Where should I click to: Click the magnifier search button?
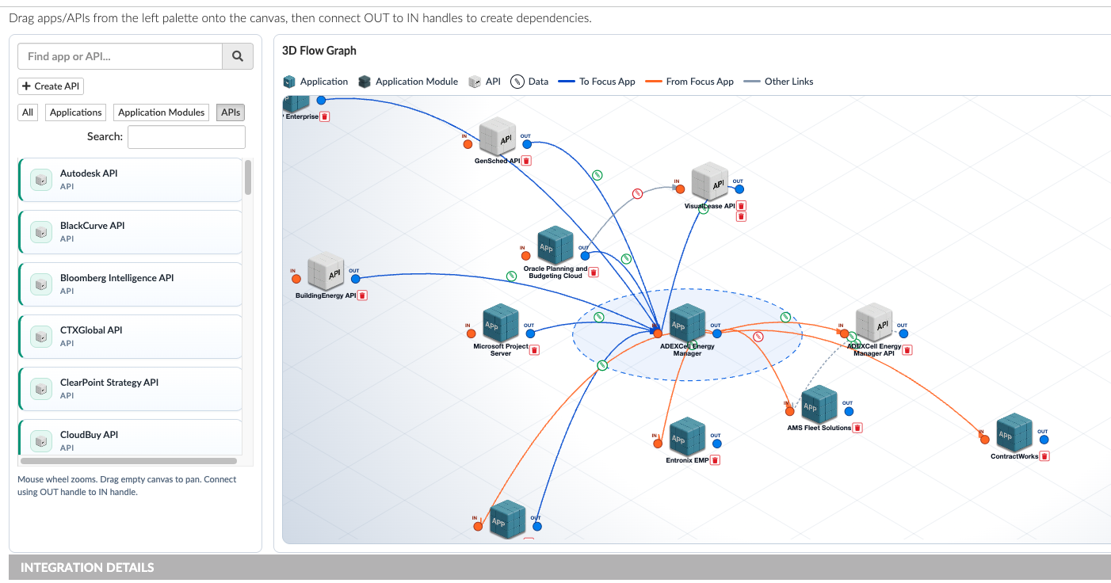tap(238, 56)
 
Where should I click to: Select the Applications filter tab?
tap(75, 112)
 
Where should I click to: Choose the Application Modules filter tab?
tap(162, 112)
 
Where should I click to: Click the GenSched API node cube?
tap(498, 137)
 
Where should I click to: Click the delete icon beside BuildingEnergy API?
tap(362, 295)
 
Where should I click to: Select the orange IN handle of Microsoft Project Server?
tap(471, 333)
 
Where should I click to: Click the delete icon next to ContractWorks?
tap(1044, 455)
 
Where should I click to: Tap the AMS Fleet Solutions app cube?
tap(819, 405)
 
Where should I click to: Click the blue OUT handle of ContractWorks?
tap(1044, 440)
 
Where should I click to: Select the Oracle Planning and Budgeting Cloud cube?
tap(555, 246)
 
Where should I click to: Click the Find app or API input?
tap(120, 56)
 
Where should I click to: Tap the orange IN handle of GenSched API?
tap(468, 144)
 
